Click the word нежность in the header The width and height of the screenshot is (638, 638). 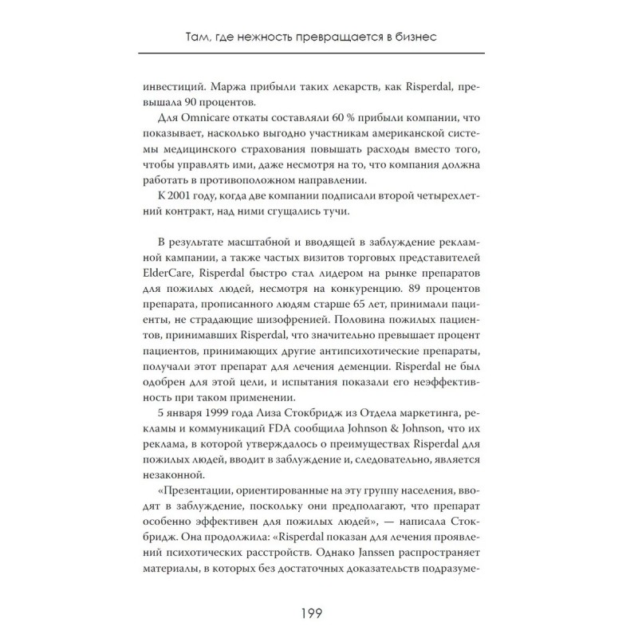tap(267, 37)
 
